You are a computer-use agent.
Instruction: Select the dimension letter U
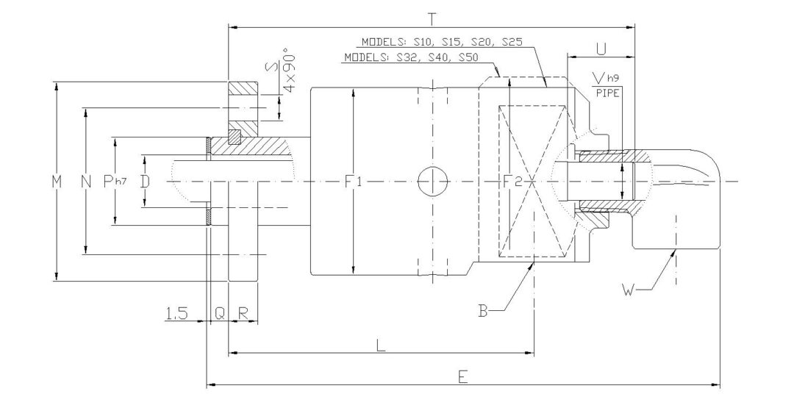pos(601,49)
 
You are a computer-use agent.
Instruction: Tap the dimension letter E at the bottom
pos(462,376)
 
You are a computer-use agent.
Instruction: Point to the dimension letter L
pos(381,346)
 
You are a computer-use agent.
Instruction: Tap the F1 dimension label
pos(354,181)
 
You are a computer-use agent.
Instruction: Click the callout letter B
pos(483,309)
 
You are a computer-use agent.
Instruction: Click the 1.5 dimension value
pos(176,314)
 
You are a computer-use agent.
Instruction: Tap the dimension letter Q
pos(219,314)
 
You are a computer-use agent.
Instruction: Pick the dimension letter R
pos(243,314)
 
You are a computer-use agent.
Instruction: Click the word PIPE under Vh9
pos(607,93)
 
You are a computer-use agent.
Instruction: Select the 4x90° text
pos(286,80)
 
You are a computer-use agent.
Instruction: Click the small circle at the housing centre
pos(432,181)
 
